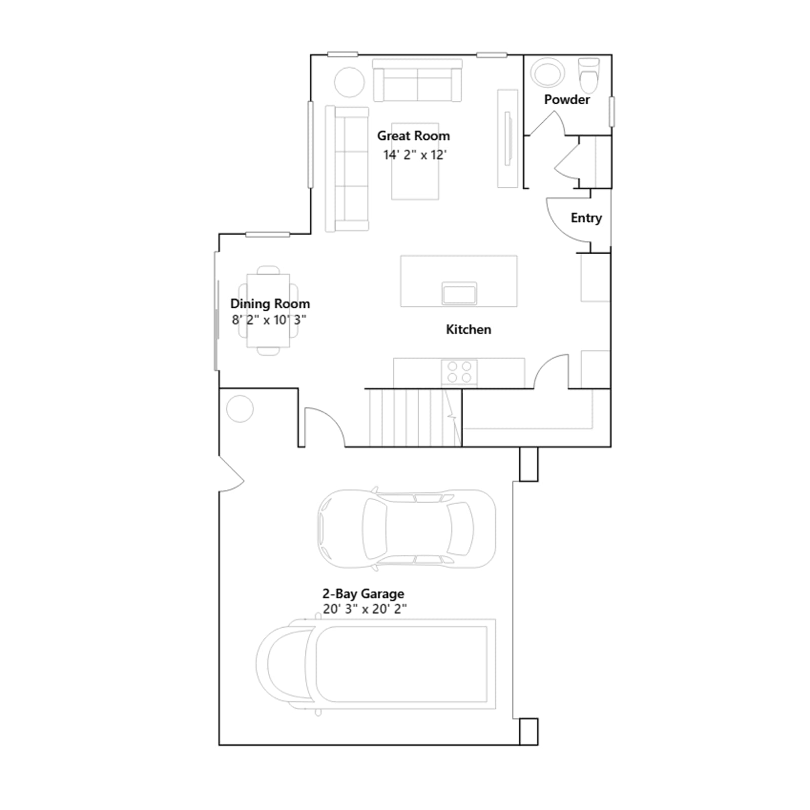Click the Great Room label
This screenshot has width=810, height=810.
click(413, 136)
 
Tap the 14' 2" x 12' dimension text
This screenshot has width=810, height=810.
click(415, 154)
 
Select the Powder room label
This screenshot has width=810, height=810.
click(566, 99)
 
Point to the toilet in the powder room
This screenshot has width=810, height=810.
click(589, 74)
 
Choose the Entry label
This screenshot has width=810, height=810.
click(586, 218)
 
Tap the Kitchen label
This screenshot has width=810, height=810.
click(468, 329)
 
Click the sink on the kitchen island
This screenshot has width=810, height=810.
click(459, 293)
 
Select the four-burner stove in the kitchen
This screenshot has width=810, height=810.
click(459, 372)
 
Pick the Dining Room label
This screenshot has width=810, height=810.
click(270, 303)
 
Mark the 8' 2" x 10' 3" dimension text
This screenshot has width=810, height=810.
click(269, 320)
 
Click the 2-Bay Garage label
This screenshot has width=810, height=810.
click(363, 593)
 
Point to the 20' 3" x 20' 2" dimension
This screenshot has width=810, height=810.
click(364, 609)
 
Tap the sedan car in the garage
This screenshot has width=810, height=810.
click(407, 529)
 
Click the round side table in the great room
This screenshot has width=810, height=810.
click(349, 82)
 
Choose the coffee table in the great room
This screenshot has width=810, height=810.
click(415, 161)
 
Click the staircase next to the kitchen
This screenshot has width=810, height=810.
click(415, 418)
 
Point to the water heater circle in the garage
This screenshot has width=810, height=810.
click(240, 409)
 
